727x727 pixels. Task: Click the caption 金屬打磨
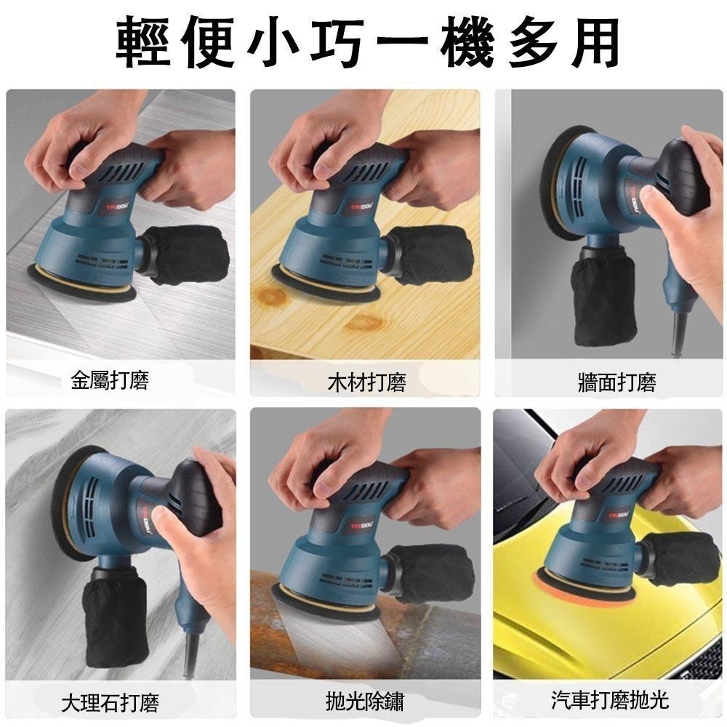(110, 380)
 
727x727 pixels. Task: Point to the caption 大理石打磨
(110, 702)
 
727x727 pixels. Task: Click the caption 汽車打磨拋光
(609, 701)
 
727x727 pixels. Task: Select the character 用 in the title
(592, 42)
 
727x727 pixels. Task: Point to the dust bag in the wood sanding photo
(433, 256)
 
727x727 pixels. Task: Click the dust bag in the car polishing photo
(680, 558)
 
